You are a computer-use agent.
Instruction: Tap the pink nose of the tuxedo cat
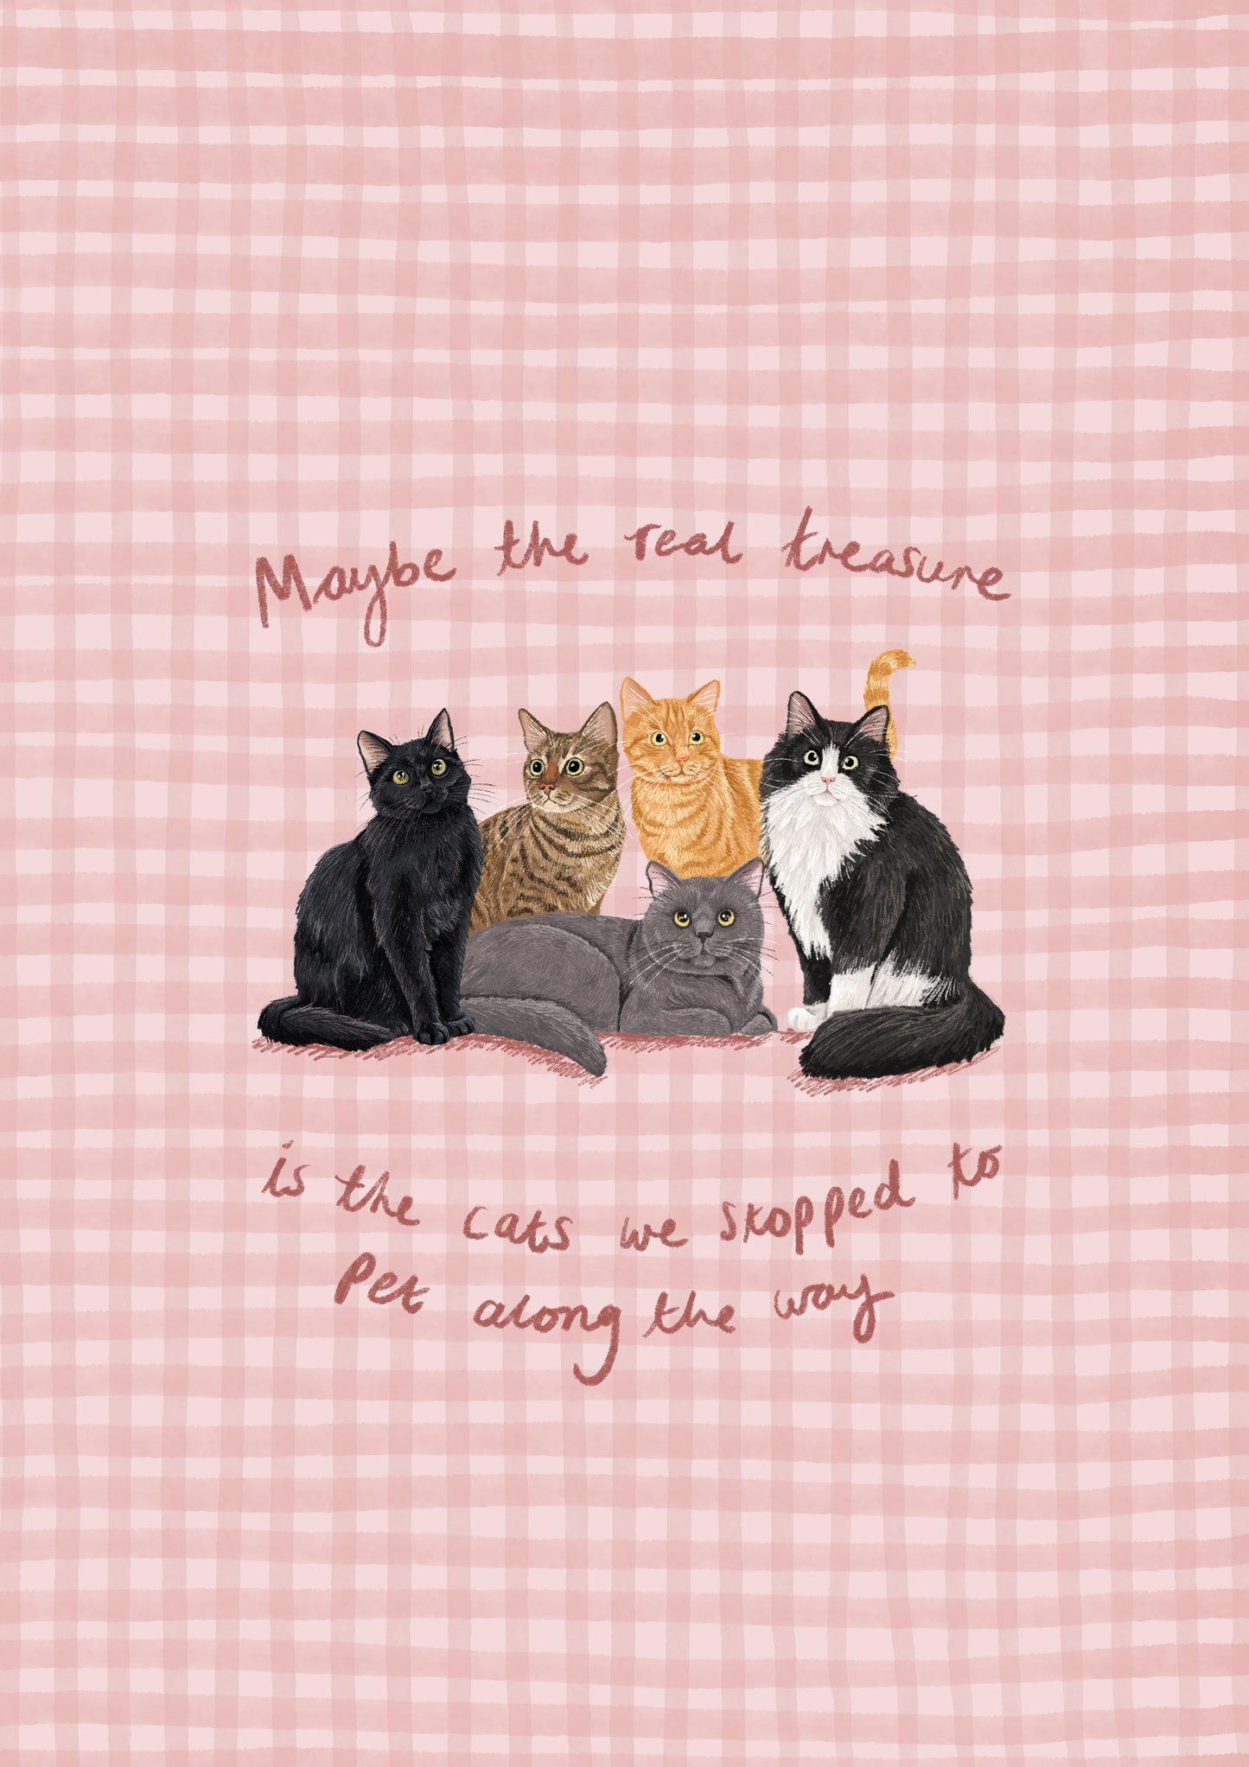pyautogui.click(x=827, y=780)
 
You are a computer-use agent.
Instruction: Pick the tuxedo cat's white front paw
pyautogui.click(x=804, y=1017)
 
